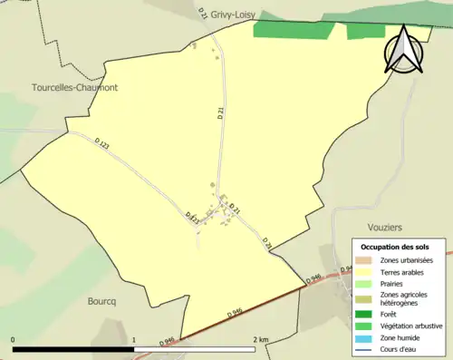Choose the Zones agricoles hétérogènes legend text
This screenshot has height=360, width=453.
[x=405, y=299]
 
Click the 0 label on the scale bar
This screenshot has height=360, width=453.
[x=14, y=340]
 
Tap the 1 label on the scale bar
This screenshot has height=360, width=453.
[x=134, y=340]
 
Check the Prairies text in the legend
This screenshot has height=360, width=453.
[x=391, y=283]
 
